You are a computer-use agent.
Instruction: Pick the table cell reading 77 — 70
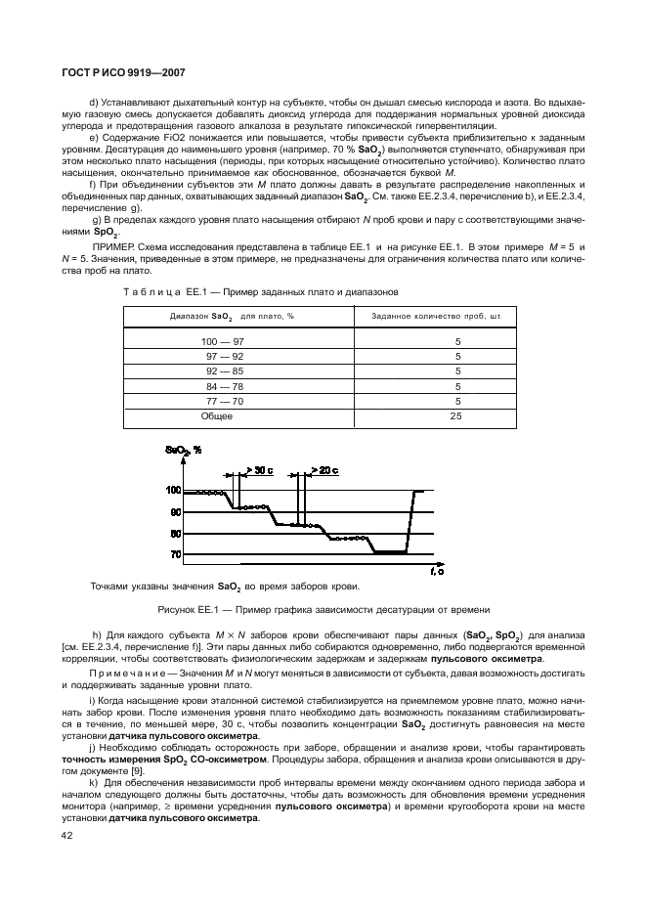(x=217, y=401)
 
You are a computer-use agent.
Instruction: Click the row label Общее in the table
(x=217, y=415)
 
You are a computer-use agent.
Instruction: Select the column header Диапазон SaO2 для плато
(x=217, y=316)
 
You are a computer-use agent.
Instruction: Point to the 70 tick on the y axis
(x=176, y=554)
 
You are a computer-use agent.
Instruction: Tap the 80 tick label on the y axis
(x=176, y=534)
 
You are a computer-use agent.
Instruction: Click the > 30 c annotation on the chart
(x=259, y=470)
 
